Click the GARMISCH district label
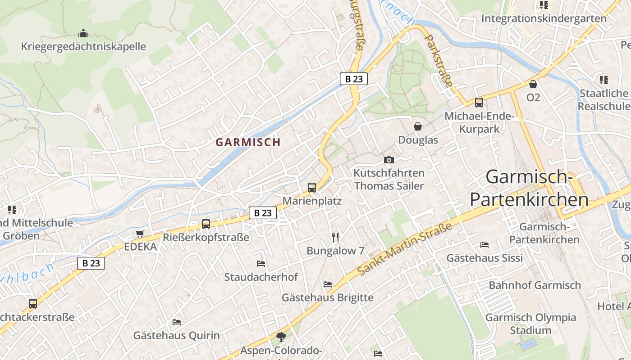pyautogui.click(x=248, y=142)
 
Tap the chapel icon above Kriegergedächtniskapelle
pyautogui.click(x=83, y=33)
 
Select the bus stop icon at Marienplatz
pyautogui.click(x=312, y=188)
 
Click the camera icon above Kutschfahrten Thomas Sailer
pyautogui.click(x=389, y=160)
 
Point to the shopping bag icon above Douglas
pyautogui.click(x=418, y=126)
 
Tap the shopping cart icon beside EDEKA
pyautogui.click(x=140, y=234)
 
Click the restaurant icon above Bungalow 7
pyautogui.click(x=335, y=237)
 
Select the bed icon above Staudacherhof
pyautogui.click(x=261, y=263)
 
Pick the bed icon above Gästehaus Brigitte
pyautogui.click(x=328, y=284)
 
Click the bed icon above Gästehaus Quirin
pyautogui.click(x=177, y=322)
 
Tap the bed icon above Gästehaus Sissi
pyautogui.click(x=485, y=244)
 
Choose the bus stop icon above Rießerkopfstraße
pyautogui.click(x=206, y=224)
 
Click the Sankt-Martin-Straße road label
pyautogui.click(x=405, y=250)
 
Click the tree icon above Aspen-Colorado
pyautogui.click(x=281, y=336)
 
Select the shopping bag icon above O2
pyautogui.click(x=533, y=84)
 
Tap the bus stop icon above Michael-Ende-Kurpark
pyautogui.click(x=479, y=103)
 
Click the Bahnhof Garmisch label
pyautogui.click(x=535, y=285)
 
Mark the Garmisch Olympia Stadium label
pyautogui.click(x=530, y=324)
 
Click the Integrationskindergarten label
pyautogui.click(x=544, y=18)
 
